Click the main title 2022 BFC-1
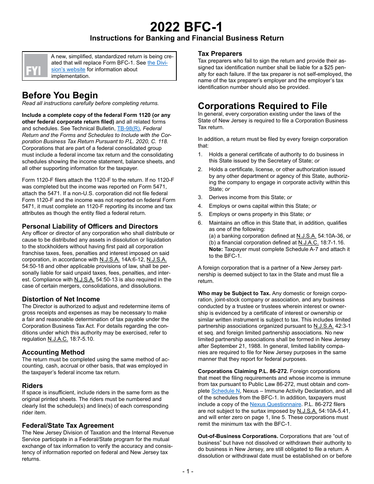187,27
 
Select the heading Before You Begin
60,96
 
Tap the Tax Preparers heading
220,54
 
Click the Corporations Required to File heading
262,106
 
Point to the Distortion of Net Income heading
61,299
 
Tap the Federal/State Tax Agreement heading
68,425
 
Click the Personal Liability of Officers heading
90,226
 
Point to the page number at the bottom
187,471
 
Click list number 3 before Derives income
200,198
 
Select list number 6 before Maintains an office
200,223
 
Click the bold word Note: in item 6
216,249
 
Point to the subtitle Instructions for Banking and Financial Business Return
187,38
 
